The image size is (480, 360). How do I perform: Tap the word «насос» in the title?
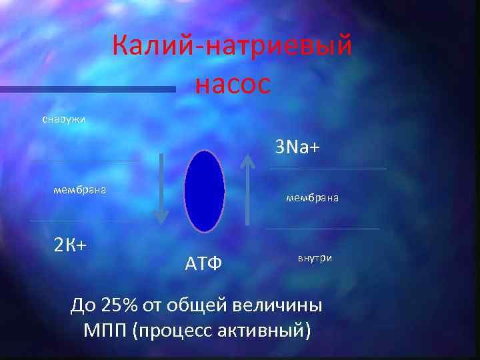pos(233,85)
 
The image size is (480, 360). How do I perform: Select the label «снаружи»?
pos(63,119)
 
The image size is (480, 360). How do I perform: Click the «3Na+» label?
pos(297,147)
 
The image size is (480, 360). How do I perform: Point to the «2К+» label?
pos(70,245)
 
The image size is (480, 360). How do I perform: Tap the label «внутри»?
pos(315,257)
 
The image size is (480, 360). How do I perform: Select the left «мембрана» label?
pos(80,190)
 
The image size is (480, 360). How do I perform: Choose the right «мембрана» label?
pos(312,197)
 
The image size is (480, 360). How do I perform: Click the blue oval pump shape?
pos(204,191)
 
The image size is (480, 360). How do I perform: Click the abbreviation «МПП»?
pos(106,330)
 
